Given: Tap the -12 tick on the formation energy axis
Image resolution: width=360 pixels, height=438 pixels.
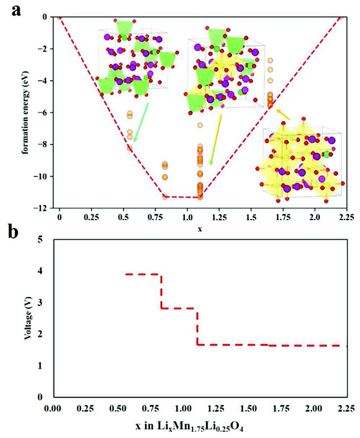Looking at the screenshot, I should [43, 208].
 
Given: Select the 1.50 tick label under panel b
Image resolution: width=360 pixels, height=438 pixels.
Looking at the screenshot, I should [249, 408].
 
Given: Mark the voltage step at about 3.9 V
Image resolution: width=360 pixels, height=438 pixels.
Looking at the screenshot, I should [143, 274].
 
